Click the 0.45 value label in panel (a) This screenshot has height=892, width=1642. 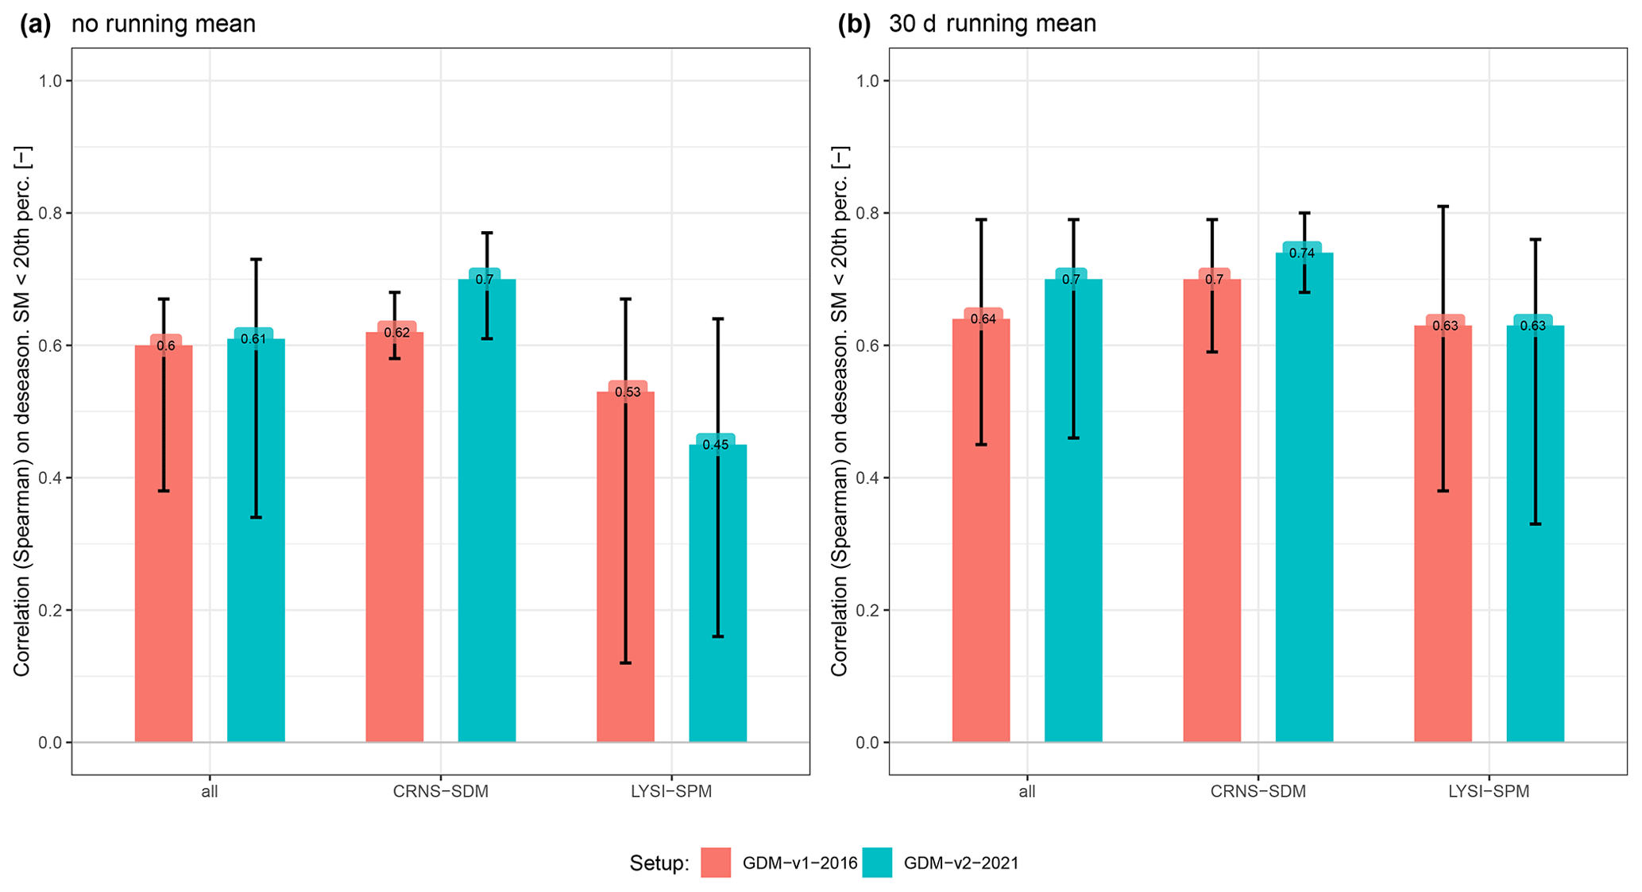pos(716,445)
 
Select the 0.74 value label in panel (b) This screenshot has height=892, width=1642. pos(1302,253)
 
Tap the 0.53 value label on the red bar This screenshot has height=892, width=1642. pos(628,392)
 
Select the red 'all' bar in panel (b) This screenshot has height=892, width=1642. pos(980,540)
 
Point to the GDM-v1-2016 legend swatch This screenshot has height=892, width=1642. pos(716,863)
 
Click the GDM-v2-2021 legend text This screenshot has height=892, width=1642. pos(961,863)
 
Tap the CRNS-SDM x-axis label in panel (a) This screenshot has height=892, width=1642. pos(441,792)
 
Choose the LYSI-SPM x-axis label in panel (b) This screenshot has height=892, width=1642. pos(1489,792)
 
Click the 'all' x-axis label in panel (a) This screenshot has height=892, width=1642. pos(210,792)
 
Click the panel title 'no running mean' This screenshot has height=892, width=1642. pos(164,24)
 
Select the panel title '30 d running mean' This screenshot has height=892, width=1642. pos(992,24)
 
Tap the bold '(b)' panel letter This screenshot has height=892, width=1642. pos(855,24)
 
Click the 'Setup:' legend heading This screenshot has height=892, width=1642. pos(659,863)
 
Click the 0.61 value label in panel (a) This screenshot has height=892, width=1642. pos(253,339)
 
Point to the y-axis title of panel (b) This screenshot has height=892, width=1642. pos(840,411)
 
